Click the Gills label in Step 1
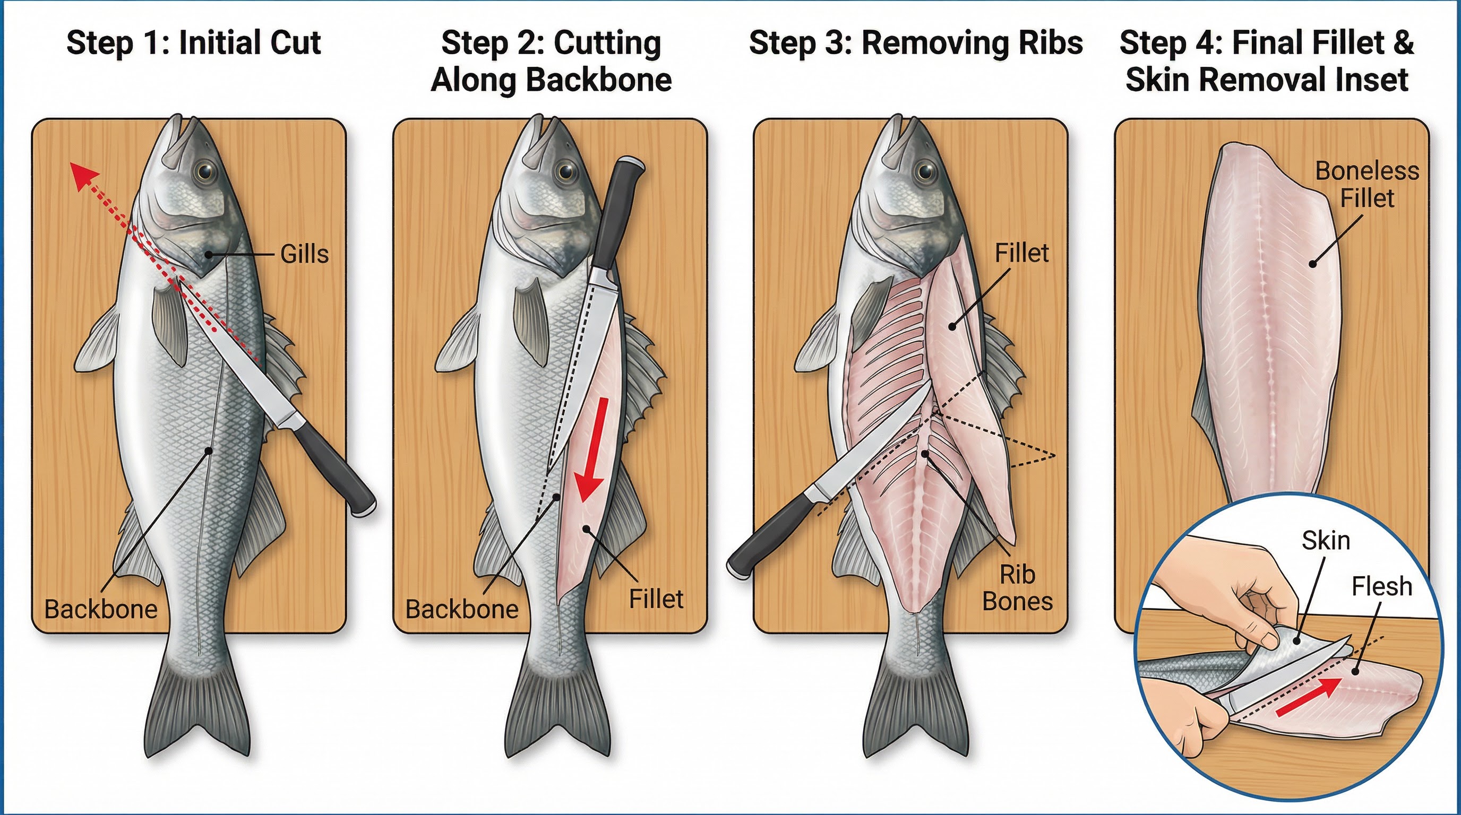305,255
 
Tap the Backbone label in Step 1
101,609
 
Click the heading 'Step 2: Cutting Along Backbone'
551,61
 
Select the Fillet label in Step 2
656,599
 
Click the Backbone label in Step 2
462,609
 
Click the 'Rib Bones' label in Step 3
1017,588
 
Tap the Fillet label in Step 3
1021,253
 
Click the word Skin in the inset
1326,540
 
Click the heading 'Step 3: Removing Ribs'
915,43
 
